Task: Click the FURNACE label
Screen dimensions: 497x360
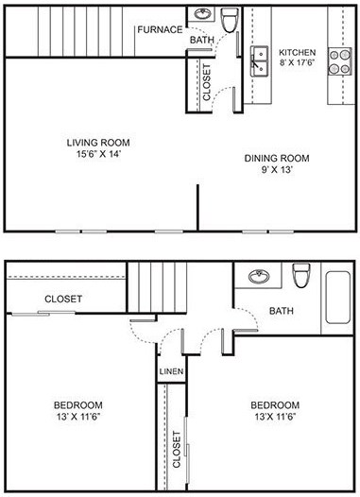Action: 159,29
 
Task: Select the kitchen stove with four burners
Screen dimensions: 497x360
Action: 339,61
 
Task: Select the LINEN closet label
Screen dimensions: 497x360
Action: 171,371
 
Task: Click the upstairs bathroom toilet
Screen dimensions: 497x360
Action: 301,275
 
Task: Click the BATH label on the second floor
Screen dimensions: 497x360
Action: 282,311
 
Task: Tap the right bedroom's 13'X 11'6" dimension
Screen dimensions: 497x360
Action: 275,417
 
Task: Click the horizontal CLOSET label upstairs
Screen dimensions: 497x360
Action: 63,299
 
